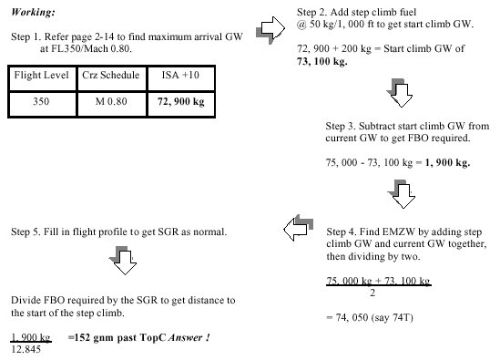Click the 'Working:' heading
(x=33, y=12)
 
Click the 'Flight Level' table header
(x=42, y=76)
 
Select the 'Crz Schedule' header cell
(x=110, y=75)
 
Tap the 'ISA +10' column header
(x=180, y=75)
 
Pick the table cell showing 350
(x=41, y=101)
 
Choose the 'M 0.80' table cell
(x=111, y=101)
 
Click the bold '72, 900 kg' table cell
(x=181, y=101)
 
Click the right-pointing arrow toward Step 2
(x=270, y=29)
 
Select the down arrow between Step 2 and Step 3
(x=400, y=93)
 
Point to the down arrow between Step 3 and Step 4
(x=402, y=194)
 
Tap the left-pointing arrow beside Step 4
(x=298, y=228)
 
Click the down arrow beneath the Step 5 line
(x=123, y=261)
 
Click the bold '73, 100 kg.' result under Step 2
(x=322, y=61)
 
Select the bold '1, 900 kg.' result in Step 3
(x=447, y=163)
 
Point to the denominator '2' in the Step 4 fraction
(x=372, y=293)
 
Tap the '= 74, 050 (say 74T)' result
(x=370, y=318)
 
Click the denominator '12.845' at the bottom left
(x=26, y=349)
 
